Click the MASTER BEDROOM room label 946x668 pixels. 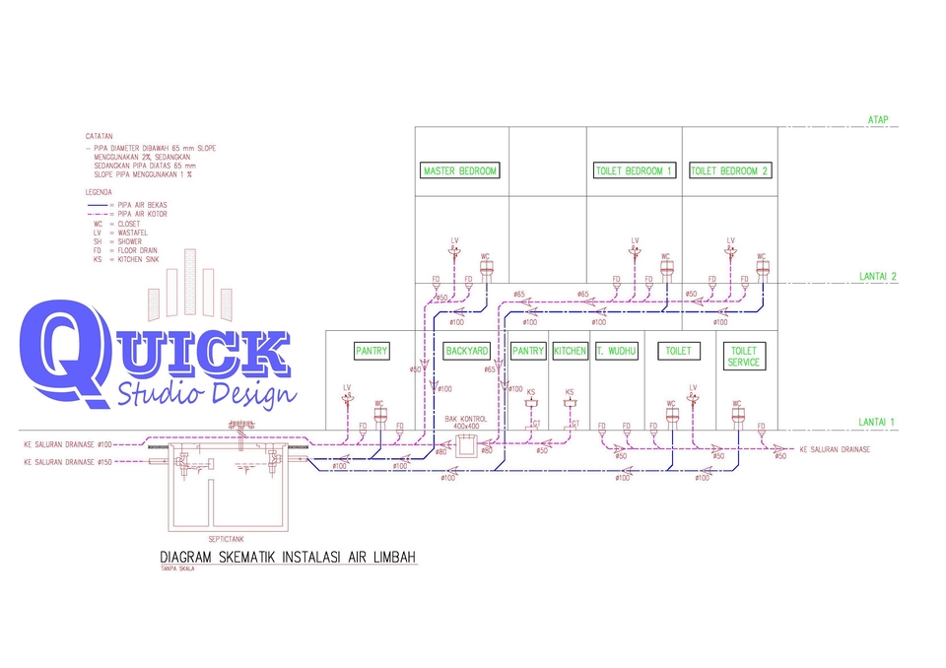coord(460,170)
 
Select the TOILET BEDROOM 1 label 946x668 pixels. coord(634,170)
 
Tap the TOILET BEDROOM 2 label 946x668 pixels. coord(729,170)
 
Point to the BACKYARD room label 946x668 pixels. coord(467,351)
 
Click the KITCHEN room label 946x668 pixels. coord(570,351)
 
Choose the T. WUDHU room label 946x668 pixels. coord(616,351)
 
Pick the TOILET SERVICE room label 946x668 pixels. coord(743,357)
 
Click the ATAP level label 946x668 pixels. coord(878,119)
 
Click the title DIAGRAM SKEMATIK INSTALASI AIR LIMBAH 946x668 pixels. coord(288,558)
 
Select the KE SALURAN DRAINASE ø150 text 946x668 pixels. coord(69,460)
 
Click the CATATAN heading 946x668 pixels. coord(99,136)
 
